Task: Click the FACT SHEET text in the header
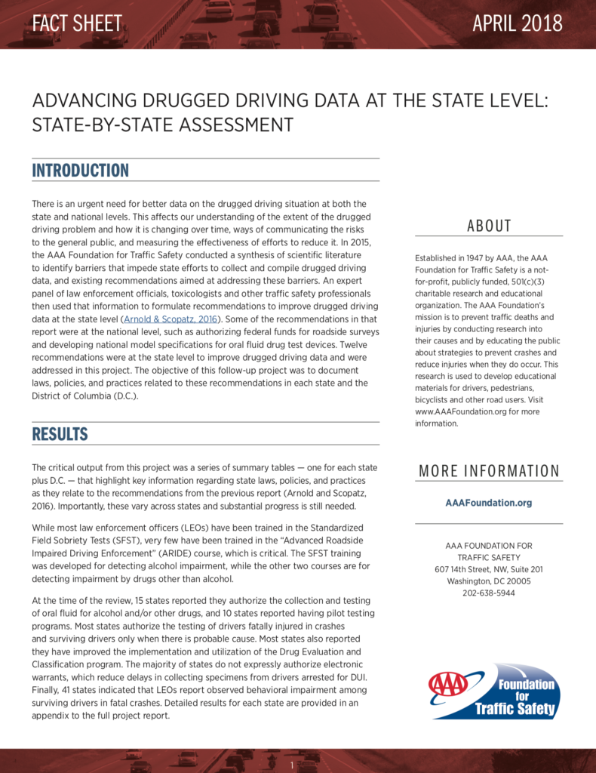point(77,23)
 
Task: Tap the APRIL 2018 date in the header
point(517,23)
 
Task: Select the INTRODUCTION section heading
point(80,171)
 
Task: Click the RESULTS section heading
point(60,434)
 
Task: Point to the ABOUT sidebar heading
point(489,226)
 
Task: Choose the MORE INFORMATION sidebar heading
point(489,472)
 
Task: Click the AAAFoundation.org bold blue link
point(488,503)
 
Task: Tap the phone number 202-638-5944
point(489,593)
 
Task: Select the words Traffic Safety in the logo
point(515,709)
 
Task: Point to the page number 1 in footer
point(291,765)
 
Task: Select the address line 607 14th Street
point(489,569)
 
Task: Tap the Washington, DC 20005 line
point(489,581)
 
